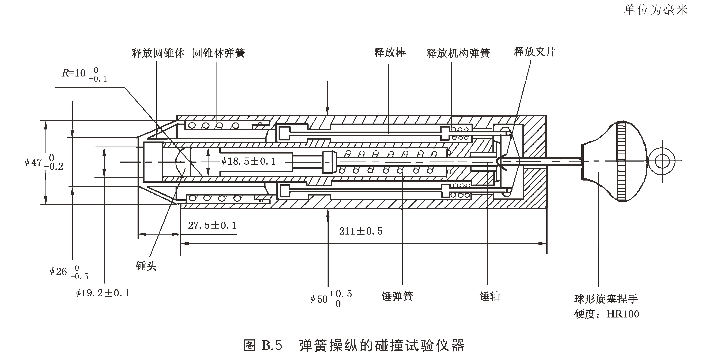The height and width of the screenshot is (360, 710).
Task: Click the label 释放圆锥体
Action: click(158, 53)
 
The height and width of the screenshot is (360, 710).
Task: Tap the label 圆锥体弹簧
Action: click(219, 53)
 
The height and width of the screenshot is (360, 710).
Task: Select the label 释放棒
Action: click(389, 52)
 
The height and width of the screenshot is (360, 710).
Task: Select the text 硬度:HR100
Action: click(606, 314)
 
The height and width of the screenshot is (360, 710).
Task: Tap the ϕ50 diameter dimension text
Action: click(331, 298)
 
